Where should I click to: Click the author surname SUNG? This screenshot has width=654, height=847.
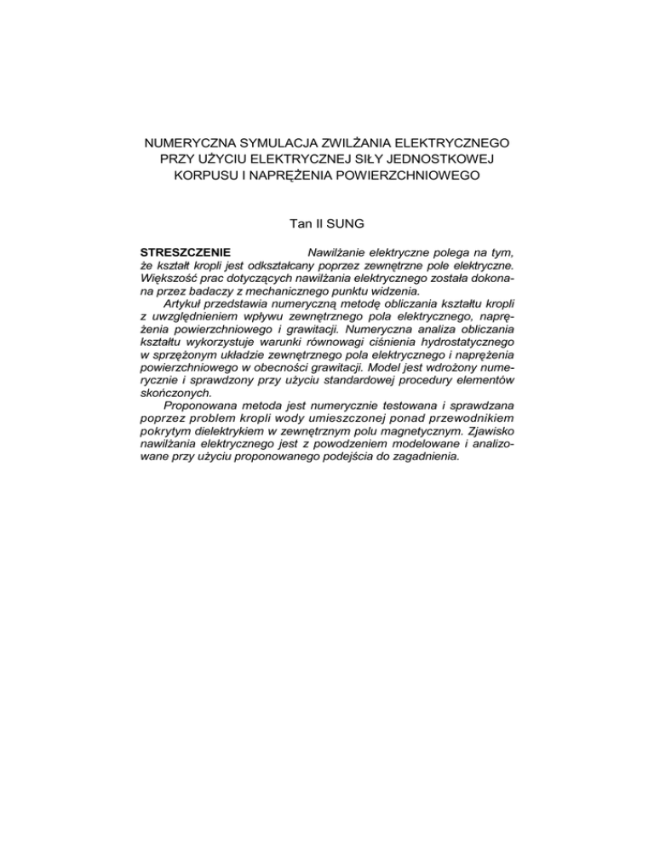click(343, 226)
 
